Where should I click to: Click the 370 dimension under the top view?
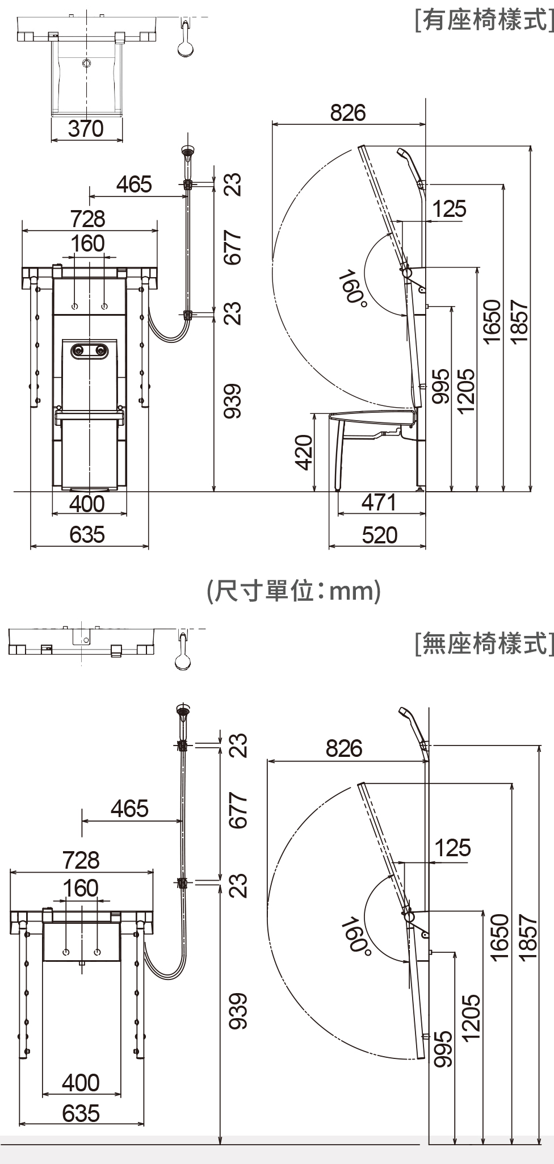coord(86,129)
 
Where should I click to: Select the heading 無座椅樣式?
coord(484,643)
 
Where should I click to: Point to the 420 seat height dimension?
coord(305,453)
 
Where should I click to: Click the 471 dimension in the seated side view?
coord(379,503)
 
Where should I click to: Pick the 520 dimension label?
coord(380,535)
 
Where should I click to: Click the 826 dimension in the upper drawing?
coord(348,113)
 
